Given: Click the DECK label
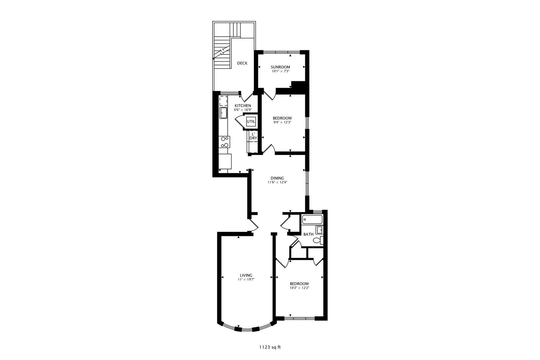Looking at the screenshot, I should pos(242,63).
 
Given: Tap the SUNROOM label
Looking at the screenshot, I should pos(280,67).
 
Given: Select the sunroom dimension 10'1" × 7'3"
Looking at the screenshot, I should pos(280,71).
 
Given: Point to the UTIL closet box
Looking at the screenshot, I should pos(251,122).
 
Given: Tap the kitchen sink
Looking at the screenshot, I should pos(223,113).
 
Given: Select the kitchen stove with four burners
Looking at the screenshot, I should pos(225,142).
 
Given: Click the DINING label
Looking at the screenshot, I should pos(277,178).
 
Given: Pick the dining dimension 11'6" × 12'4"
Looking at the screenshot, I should pos(277,182).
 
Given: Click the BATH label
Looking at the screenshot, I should pos(308,234).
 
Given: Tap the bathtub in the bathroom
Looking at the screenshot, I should pos(312,219).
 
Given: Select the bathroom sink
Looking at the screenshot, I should pos(319,229).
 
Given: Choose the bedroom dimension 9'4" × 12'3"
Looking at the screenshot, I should pos(282,122).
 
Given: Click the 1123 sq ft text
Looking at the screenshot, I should pos(270,347).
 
